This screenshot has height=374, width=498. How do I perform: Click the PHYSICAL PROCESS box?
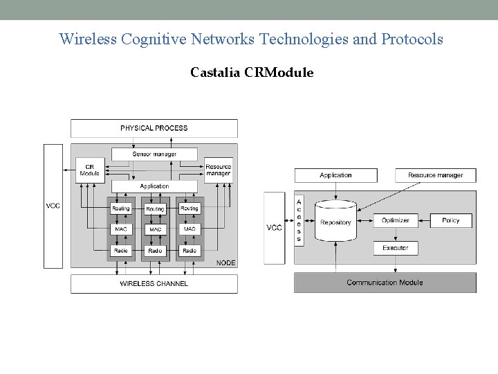click(154, 128)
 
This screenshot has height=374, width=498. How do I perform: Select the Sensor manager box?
click(154, 154)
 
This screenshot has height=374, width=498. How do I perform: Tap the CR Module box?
click(89, 170)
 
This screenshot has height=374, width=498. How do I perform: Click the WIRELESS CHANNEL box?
click(154, 283)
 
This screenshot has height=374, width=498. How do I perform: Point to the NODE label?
click(225, 262)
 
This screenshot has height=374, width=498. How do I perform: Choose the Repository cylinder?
click(335, 222)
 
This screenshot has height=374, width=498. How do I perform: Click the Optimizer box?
click(395, 221)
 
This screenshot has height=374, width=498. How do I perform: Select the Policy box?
click(450, 221)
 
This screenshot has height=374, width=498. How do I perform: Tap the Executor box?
click(395, 247)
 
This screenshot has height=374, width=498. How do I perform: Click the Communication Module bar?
click(385, 282)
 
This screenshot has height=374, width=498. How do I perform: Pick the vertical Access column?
click(299, 220)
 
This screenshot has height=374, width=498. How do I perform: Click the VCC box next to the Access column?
click(274, 228)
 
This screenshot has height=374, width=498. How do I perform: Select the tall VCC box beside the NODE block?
click(53, 206)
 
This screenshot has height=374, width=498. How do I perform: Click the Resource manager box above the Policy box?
click(435, 175)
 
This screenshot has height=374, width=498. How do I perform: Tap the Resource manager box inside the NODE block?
click(218, 170)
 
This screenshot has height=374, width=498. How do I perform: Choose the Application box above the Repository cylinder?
click(335, 175)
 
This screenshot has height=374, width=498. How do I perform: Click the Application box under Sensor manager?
click(154, 186)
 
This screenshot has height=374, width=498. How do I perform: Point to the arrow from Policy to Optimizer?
click(424, 221)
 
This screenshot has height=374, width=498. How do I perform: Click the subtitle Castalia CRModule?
click(252, 72)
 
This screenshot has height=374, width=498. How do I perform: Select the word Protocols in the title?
click(412, 39)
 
